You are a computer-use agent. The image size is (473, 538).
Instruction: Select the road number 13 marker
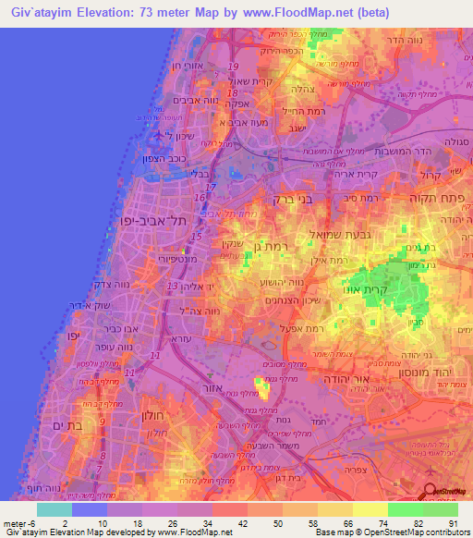(173, 287)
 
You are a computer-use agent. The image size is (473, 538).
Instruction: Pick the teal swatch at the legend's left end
(55, 509)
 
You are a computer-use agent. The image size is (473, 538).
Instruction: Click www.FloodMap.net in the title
(285, 12)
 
